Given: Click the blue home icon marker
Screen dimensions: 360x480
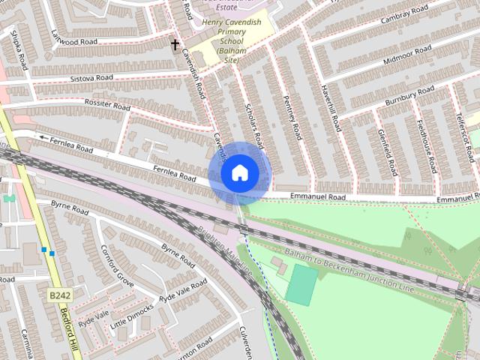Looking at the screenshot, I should click(238, 173).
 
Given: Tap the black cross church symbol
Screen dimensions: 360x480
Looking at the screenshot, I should click(175, 45).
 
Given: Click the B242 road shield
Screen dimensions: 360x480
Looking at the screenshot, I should click(59, 296).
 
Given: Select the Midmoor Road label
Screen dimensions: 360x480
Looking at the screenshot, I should click(408, 53).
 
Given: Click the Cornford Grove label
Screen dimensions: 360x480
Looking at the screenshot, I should click(117, 270).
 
